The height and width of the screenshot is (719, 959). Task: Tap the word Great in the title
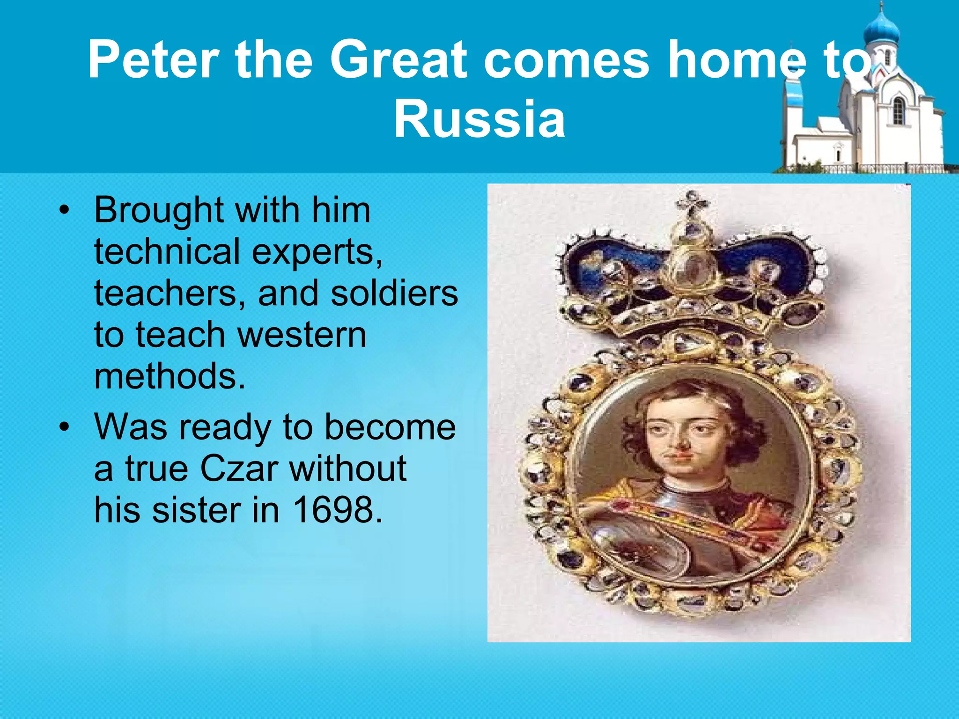(x=398, y=59)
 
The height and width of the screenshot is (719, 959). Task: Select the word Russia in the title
(x=479, y=119)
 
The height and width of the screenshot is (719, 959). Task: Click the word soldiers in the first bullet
(x=394, y=293)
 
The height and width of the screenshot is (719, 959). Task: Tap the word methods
(x=170, y=376)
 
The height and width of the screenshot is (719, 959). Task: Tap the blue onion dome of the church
(x=881, y=30)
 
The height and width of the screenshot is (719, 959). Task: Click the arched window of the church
(x=898, y=110)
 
